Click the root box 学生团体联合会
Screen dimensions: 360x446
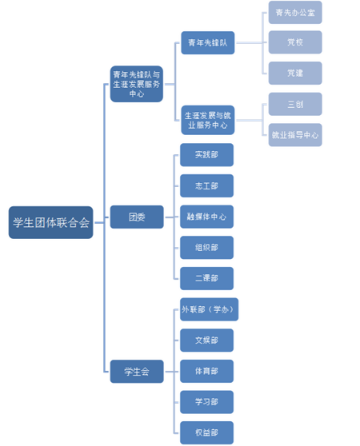(x=50, y=222)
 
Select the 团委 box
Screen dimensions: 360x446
(x=137, y=217)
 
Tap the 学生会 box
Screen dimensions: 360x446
(x=137, y=372)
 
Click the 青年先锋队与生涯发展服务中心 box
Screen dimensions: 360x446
(x=137, y=84)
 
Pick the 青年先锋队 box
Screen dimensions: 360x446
(x=208, y=42)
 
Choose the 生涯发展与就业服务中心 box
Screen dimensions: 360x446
(x=208, y=120)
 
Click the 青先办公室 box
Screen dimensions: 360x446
(x=295, y=12)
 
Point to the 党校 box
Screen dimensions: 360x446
(x=295, y=42)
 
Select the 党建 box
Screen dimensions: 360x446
(x=295, y=73)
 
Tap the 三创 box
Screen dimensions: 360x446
(x=295, y=104)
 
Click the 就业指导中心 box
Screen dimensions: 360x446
(x=295, y=135)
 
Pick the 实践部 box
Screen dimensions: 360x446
(x=206, y=155)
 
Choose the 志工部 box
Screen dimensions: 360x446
(x=206, y=185)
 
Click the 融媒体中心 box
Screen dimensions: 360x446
(x=206, y=217)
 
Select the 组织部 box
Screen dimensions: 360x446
(x=206, y=248)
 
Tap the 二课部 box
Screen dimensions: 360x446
(x=206, y=278)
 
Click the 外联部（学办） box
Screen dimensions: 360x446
(x=209, y=309)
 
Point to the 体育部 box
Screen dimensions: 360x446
(x=206, y=371)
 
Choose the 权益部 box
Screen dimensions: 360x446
(x=206, y=433)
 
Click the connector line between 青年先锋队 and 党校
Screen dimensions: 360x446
(x=251, y=42)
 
